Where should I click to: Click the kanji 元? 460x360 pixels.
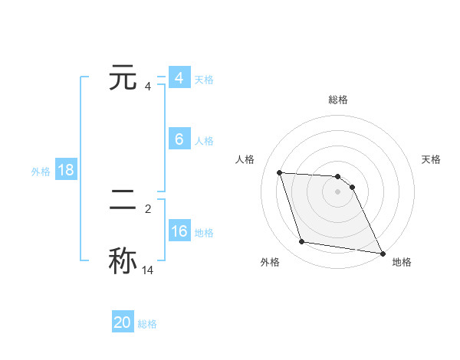point(123,78)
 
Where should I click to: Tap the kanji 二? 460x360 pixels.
point(123,201)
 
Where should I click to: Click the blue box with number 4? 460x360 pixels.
point(179,78)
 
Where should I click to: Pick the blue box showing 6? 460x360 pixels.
point(179,139)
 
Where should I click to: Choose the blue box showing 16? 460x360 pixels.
point(179,231)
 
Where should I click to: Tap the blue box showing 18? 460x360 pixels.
point(65,170)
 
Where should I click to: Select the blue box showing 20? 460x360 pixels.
point(123,323)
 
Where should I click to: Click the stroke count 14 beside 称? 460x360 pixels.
point(148,270)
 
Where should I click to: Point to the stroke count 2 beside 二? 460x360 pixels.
point(148,208)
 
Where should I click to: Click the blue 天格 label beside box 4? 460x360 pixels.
point(204,80)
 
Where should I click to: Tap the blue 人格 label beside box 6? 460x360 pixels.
point(204,141)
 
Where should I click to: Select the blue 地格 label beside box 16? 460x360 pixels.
point(204,233)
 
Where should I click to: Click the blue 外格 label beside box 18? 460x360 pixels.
point(41,172)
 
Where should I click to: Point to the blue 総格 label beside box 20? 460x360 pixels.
point(147,325)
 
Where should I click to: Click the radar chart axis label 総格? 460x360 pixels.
point(338,100)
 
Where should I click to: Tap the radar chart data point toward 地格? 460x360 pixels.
point(381,253)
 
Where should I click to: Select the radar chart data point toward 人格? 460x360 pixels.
point(279,172)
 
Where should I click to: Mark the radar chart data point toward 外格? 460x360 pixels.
point(302,242)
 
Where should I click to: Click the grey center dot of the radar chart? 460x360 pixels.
point(338,191)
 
